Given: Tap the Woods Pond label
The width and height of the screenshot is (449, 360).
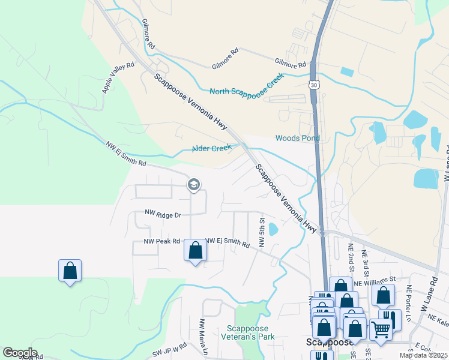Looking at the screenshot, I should coord(297,138).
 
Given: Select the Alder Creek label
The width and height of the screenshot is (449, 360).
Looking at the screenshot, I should coord(211,149).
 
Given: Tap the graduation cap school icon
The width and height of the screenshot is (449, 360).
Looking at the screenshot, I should coord(193,184).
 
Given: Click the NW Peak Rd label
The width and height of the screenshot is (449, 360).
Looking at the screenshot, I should coord(161,241).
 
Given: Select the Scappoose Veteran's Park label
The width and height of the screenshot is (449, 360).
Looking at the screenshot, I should coord(251,332).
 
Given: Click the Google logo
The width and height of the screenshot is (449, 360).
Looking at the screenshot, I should coord(20,353).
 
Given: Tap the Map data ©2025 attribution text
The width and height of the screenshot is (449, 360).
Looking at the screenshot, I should coord(424,355).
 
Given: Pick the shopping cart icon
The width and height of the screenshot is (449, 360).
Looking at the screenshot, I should coord(381,329).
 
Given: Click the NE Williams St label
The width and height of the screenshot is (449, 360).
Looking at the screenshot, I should coord(375,279).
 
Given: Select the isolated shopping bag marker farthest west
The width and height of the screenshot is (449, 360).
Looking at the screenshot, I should coord(70,271).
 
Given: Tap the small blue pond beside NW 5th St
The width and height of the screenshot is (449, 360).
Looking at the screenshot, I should coord(273,229).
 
